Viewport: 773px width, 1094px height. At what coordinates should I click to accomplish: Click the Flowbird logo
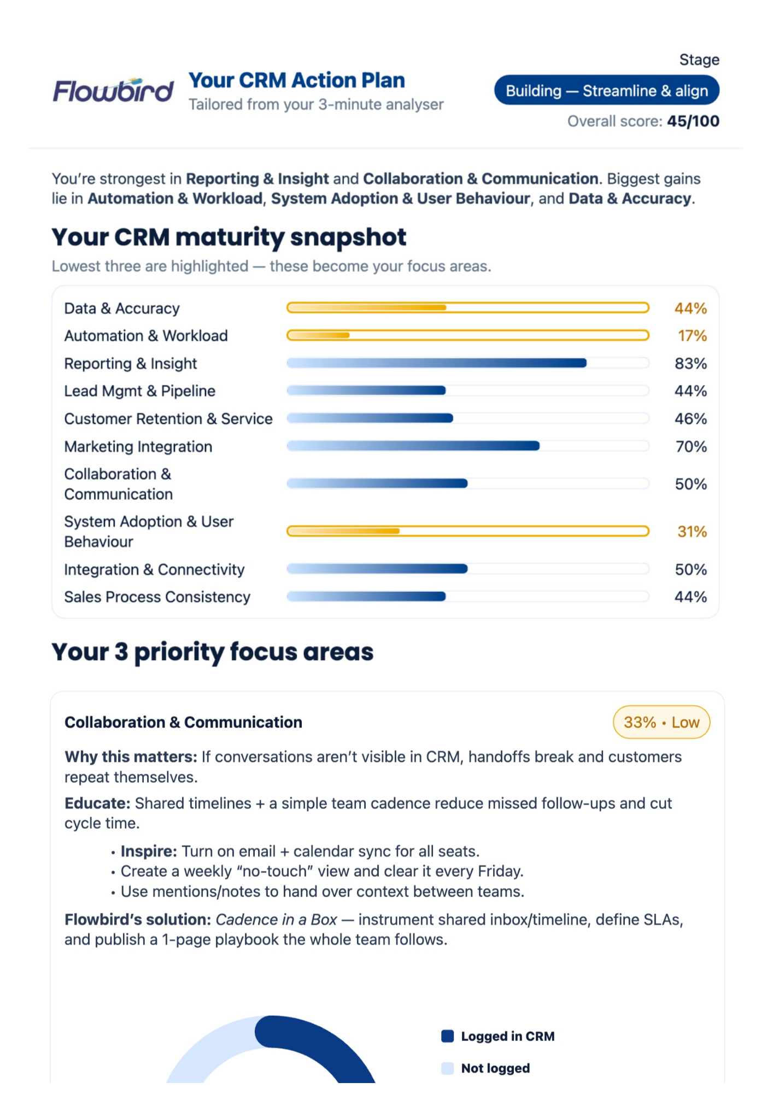point(113,91)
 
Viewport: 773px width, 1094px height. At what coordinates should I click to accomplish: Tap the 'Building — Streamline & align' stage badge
point(606,91)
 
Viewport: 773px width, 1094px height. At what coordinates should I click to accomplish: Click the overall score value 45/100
point(693,121)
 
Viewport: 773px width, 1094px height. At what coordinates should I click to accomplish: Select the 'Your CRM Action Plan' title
point(296,80)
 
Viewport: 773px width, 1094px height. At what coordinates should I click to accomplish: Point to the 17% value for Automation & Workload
point(692,336)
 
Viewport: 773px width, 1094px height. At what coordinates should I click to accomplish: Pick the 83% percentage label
point(690,364)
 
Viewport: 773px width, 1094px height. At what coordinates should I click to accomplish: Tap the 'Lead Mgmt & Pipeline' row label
point(140,391)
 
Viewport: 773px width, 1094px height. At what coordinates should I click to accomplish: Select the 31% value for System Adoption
point(692,532)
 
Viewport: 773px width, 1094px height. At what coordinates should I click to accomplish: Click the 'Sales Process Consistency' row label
point(157,597)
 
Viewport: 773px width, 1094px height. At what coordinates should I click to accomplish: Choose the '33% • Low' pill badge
point(661,723)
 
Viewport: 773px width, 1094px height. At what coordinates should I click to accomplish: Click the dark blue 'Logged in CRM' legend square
point(448,1036)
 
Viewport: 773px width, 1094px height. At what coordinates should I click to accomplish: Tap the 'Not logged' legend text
point(495,1068)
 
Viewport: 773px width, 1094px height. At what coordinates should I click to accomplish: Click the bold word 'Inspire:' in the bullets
point(149,852)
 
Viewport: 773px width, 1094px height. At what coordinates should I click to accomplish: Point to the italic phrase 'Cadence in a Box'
point(276,920)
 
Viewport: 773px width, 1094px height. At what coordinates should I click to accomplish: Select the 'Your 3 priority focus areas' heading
point(213,652)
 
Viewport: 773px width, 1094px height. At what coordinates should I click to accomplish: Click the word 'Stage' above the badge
point(699,60)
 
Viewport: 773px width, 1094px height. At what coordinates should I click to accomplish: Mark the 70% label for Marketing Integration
point(691,447)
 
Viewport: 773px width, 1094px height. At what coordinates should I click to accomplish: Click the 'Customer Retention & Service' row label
point(168,419)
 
